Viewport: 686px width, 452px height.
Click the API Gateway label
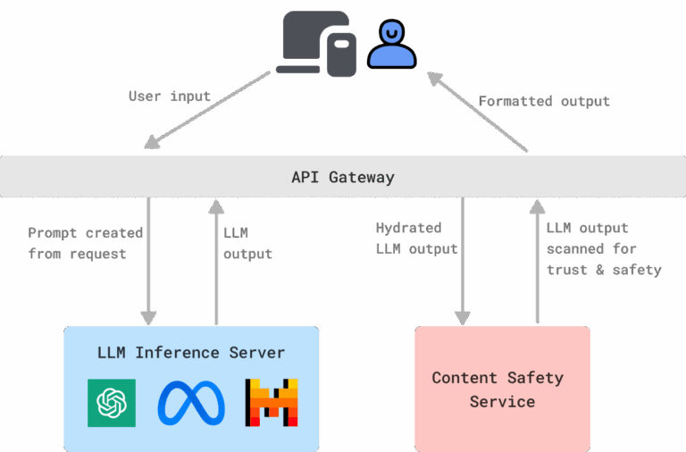click(343, 177)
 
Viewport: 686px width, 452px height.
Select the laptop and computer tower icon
click(315, 43)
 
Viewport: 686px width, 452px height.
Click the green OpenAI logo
click(112, 402)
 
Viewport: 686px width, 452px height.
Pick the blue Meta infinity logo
click(191, 402)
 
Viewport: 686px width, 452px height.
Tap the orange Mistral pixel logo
click(272, 402)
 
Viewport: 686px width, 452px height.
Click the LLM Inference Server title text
click(191, 353)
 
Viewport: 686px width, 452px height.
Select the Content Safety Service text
click(498, 389)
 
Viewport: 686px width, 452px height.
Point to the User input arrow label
click(170, 96)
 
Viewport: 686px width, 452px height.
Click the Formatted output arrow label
click(544, 101)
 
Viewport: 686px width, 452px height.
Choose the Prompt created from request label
click(85, 243)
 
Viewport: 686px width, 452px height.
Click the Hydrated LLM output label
click(416, 239)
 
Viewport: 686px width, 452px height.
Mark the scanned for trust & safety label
click(602, 249)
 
